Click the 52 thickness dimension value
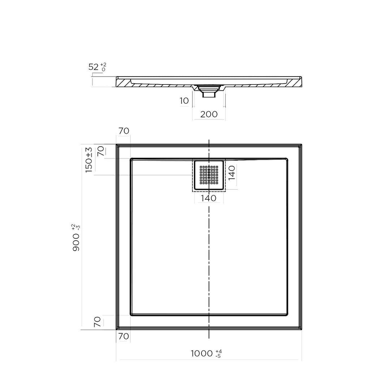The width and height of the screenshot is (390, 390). coord(94,67)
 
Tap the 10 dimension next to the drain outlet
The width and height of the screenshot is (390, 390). coord(184,101)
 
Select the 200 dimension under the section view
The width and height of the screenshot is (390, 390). coord(209,114)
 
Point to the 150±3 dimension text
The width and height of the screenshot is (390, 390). coord(89,160)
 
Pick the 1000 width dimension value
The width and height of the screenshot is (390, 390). coord(201,354)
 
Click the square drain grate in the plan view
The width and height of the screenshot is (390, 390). coord(209,175)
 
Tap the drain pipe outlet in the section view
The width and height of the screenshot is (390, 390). coord(209,94)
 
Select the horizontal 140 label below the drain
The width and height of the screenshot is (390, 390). coord(209,198)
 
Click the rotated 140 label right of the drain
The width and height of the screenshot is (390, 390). coord(232,173)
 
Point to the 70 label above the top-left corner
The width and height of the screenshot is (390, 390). coord(124,131)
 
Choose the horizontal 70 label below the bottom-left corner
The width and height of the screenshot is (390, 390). coord(124,337)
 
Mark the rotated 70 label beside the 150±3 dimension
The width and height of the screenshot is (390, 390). coord(101,151)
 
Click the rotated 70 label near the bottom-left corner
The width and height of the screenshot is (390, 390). coord(97,322)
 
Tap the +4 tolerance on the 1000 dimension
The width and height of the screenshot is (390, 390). coord(218,351)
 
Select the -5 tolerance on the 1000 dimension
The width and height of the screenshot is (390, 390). coord(218,356)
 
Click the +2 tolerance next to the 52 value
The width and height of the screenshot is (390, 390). coord(103,65)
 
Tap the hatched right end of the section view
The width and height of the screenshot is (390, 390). coord(296,82)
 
